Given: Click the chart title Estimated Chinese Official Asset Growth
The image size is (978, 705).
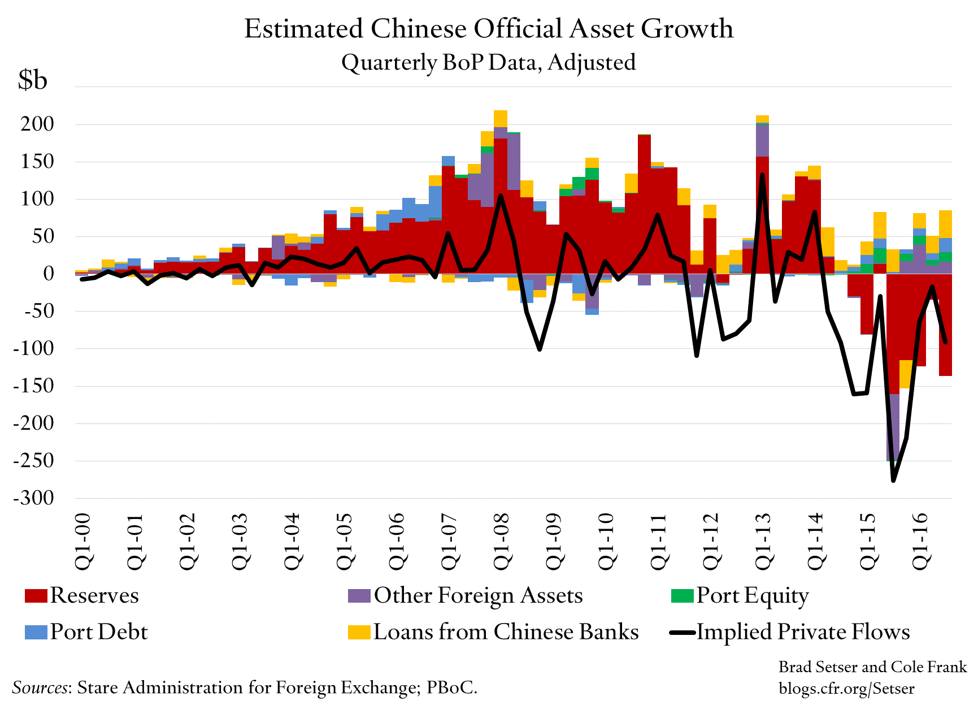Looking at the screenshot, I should (x=489, y=28).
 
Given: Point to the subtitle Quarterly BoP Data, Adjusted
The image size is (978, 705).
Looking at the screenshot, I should (x=489, y=62).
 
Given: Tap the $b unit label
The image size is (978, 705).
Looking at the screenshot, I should (x=32, y=80).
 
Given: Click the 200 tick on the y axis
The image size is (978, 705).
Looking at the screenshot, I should (x=37, y=124).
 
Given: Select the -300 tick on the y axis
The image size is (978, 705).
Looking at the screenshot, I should (x=33, y=498).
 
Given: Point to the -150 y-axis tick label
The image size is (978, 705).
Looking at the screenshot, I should (x=33, y=386).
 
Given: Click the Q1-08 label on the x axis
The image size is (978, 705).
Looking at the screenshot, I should (x=501, y=541).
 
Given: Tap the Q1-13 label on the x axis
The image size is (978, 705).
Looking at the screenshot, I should (x=763, y=541).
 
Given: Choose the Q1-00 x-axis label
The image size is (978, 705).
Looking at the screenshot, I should (x=82, y=541).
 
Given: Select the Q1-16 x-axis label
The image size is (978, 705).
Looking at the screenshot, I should (x=920, y=541).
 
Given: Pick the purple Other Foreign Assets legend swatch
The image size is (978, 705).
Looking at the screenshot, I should (x=359, y=596).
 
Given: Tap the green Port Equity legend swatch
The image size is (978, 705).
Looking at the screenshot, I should (x=682, y=596).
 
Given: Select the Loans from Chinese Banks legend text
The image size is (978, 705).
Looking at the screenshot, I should (x=506, y=632).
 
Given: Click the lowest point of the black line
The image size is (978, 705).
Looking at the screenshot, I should (x=893, y=481).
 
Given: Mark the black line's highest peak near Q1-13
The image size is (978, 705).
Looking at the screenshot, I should (x=762, y=175).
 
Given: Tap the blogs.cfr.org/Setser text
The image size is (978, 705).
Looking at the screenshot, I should (x=846, y=688).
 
